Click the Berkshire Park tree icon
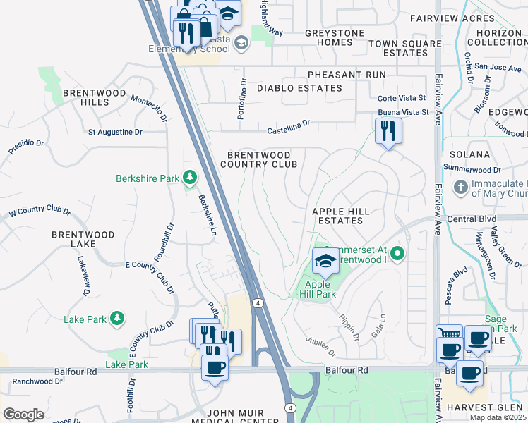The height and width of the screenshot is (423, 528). click(x=190, y=178)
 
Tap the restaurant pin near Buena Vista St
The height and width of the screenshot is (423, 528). click(x=388, y=131)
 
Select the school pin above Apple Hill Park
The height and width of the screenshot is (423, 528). click(x=325, y=261)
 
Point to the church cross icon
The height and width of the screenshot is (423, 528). click(x=460, y=188)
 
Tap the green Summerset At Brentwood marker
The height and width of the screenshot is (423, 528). click(x=398, y=252)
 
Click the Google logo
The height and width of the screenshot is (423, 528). click(x=23, y=415)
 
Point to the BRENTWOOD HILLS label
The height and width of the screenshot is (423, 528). click(x=86, y=97)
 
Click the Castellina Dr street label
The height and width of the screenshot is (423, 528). click(x=288, y=126)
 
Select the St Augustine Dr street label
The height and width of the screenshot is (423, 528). click(x=115, y=132)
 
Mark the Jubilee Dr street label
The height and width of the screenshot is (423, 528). click(x=321, y=346)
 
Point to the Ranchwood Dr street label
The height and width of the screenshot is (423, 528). click(x=37, y=381)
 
